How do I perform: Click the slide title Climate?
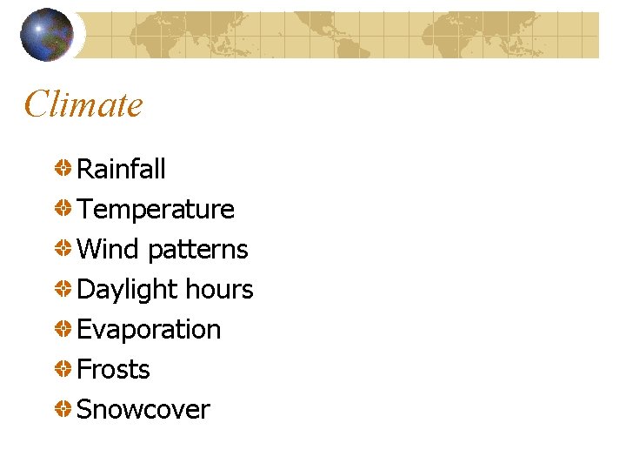(83, 104)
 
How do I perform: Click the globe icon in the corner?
(47, 35)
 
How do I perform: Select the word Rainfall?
(121, 169)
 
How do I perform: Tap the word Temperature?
(156, 210)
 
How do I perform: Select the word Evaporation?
(149, 330)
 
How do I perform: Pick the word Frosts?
(113, 370)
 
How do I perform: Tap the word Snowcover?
(143, 410)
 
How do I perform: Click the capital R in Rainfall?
(85, 169)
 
